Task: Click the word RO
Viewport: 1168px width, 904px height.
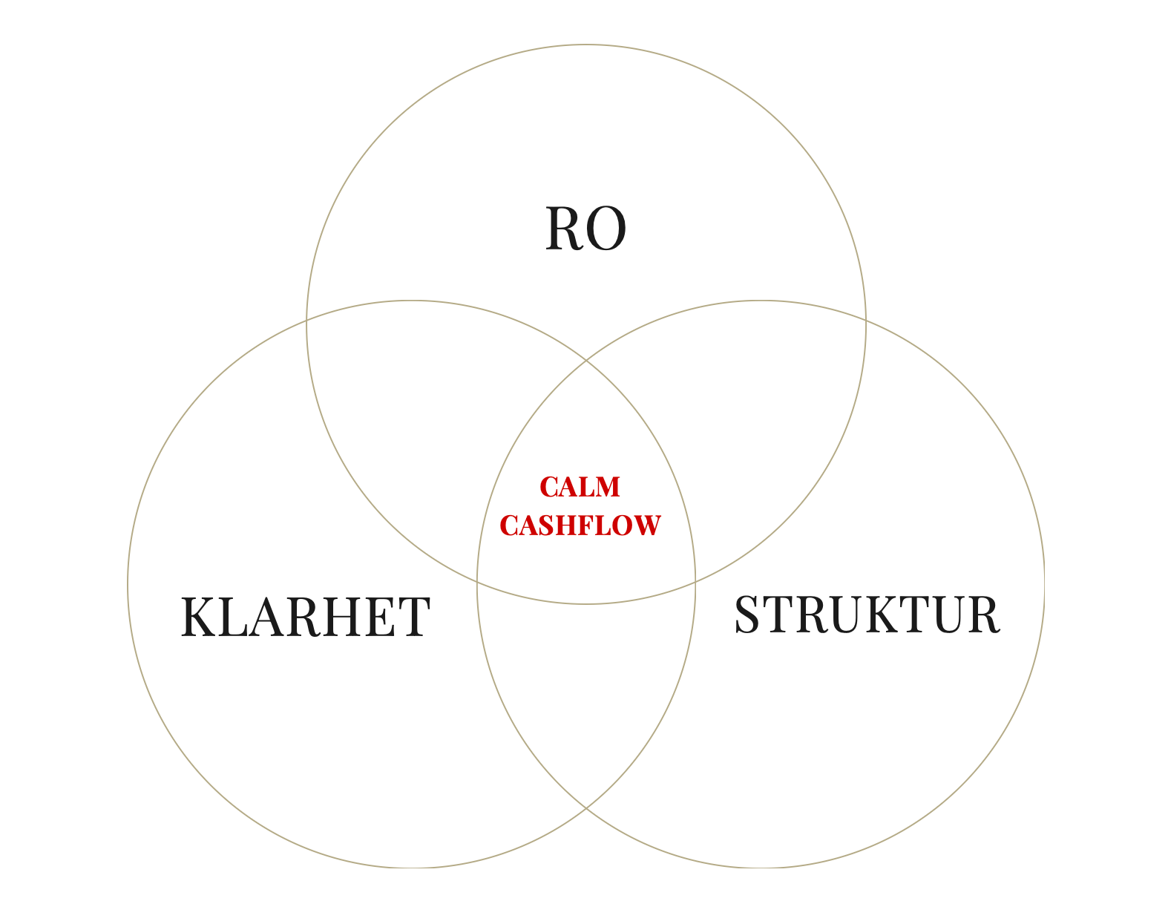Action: (585, 229)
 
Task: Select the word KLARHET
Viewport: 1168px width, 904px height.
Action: (305, 617)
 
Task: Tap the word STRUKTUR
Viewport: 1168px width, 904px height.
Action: (867, 614)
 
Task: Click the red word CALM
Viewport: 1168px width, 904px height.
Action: (580, 487)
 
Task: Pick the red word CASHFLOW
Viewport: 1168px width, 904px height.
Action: (580, 525)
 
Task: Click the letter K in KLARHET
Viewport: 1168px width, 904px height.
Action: (198, 617)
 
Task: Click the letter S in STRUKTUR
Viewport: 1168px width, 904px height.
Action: (748, 614)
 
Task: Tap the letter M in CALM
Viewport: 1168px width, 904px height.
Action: (606, 487)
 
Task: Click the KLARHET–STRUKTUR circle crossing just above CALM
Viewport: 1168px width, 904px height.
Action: (586, 361)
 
